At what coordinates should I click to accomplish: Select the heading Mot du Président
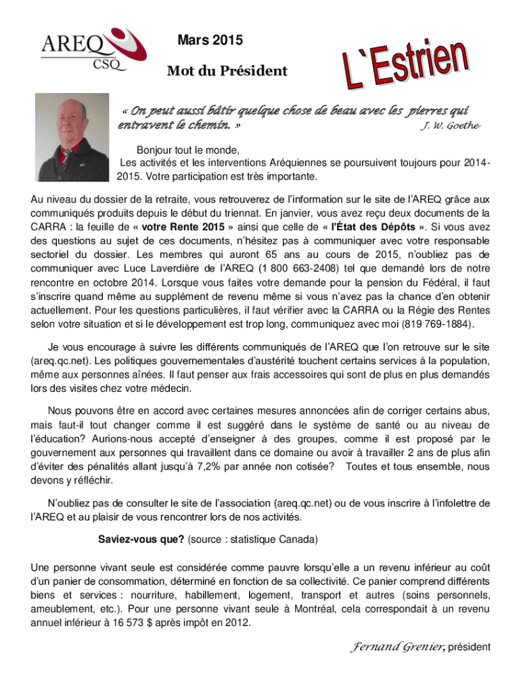coord(227,71)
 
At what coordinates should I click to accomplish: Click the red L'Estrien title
coord(403,67)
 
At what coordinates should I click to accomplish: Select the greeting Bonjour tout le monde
coord(189,150)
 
